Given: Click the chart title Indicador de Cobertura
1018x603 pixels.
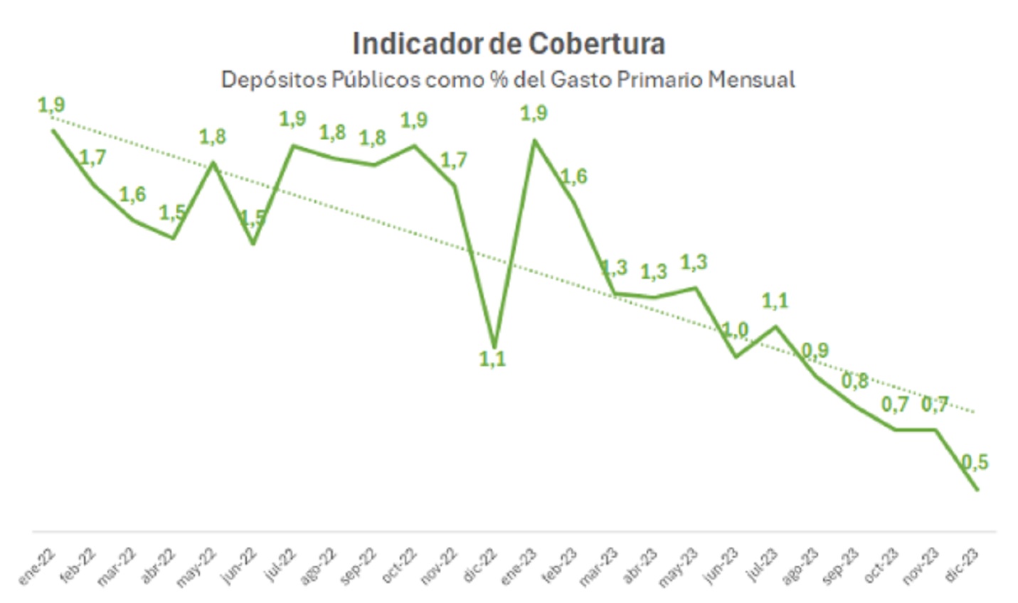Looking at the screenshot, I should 509,44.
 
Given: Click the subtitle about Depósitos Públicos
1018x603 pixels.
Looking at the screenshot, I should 508,80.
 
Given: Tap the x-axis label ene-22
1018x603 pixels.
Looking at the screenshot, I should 37,567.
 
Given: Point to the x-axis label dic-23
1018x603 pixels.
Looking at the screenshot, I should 965,567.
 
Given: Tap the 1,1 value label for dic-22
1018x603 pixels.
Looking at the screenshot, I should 492,359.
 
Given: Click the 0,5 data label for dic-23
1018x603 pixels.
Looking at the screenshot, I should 975,462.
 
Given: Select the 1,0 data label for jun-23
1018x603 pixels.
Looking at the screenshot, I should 736,330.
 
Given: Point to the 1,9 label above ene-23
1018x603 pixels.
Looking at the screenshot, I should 534,113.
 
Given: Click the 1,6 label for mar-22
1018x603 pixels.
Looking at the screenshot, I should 132,194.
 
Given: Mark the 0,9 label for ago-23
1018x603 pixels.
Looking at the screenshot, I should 815,350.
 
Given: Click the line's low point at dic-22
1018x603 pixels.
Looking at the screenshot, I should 494,346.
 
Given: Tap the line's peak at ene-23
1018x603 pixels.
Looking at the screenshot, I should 534,140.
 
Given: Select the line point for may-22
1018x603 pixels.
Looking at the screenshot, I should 213,163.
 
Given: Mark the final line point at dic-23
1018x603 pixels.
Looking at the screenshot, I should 977,489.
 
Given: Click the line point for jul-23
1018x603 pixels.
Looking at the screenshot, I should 775,326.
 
